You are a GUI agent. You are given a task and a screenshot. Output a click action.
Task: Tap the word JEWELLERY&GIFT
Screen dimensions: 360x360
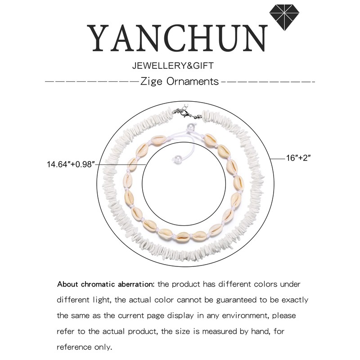click(172, 66)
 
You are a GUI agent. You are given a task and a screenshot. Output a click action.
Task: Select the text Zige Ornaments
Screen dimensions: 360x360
click(180, 82)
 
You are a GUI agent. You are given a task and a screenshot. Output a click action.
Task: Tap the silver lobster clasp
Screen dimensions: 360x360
click(186, 112)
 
